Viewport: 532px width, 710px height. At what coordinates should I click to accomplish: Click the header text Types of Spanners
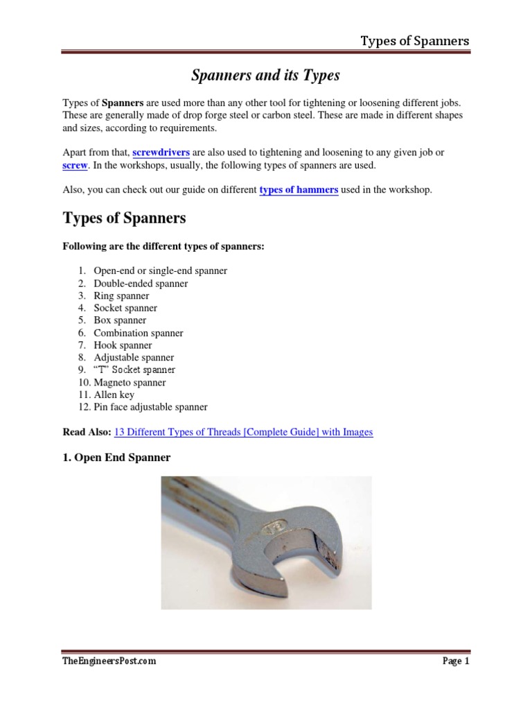414,41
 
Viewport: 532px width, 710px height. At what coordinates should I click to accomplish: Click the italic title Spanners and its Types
265,75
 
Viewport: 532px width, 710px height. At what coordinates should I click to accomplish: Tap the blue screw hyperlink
75,166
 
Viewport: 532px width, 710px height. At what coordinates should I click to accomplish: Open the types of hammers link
299,190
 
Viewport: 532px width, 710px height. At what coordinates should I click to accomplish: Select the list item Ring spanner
121,296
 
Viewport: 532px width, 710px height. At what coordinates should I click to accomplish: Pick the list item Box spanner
120,320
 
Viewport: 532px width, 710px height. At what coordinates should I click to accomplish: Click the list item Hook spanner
123,345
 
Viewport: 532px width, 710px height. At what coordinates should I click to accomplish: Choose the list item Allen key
114,395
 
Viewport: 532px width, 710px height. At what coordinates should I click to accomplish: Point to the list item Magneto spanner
130,382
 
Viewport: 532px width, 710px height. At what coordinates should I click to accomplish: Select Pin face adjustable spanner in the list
150,407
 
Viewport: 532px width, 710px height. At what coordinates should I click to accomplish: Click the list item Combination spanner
139,333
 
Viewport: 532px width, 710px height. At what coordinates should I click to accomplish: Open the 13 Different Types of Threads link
243,432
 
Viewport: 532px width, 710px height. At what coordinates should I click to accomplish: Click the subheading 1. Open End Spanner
116,458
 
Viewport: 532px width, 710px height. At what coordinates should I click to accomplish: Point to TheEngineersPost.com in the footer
109,661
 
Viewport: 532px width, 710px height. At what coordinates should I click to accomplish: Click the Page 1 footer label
456,661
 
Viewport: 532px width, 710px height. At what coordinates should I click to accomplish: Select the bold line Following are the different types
163,247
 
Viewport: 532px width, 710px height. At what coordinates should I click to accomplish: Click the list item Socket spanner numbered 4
125,308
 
